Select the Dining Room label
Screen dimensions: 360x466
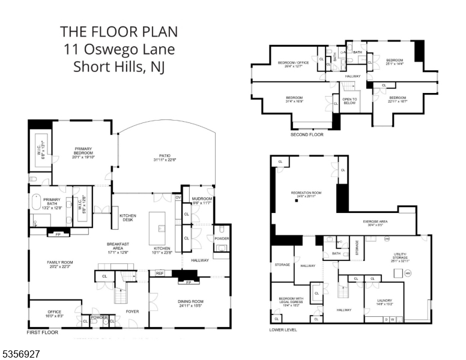click(x=190, y=304)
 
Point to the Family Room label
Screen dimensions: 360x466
click(x=59, y=264)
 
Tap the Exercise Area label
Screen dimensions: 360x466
click(x=375, y=223)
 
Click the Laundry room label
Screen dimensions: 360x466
click(x=384, y=302)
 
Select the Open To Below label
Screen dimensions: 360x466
click(x=349, y=101)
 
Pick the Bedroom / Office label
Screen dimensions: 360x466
click(x=293, y=64)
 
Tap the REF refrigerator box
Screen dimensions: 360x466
click(x=160, y=273)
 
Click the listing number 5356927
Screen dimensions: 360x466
click(x=21, y=355)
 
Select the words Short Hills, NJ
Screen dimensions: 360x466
click(x=118, y=67)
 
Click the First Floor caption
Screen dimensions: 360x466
click(x=43, y=331)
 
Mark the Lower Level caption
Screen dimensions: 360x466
click(x=285, y=329)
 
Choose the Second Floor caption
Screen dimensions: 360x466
click(x=307, y=134)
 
